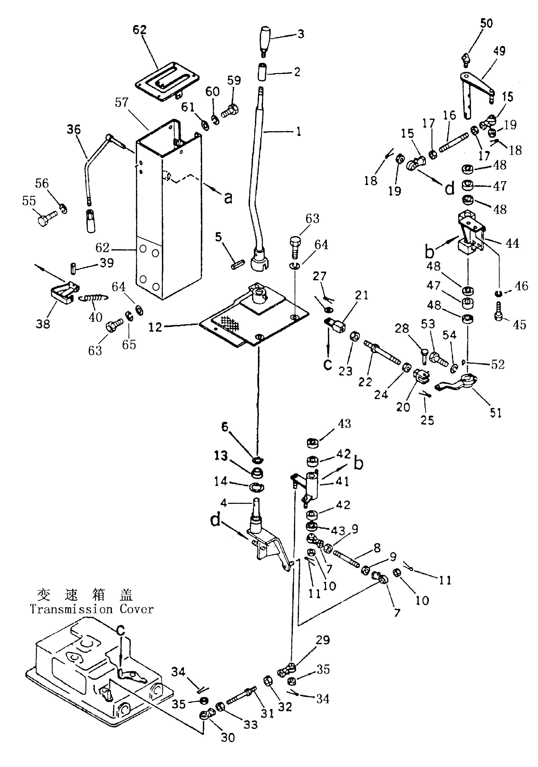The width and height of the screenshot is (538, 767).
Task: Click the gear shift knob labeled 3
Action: pos(265,37)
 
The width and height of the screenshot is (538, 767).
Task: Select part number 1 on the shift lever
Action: pos(298,131)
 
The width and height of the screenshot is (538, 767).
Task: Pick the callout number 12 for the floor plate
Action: pos(155,327)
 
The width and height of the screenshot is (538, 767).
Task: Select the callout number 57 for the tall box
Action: pos(122,102)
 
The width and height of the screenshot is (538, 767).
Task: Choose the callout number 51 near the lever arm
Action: pos(496,413)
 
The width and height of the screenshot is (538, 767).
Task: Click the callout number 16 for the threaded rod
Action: pos(449,115)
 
